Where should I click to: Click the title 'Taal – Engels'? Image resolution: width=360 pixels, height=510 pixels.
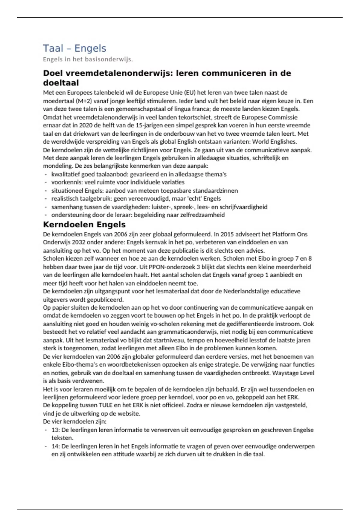(x=74, y=48)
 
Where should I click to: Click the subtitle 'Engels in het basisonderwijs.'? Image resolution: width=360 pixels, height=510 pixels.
(x=88, y=59)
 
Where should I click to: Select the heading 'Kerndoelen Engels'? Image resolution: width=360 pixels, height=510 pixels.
(x=84, y=224)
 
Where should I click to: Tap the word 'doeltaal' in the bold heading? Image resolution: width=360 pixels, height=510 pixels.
(x=61, y=83)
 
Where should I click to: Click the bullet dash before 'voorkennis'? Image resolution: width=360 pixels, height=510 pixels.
(x=46, y=182)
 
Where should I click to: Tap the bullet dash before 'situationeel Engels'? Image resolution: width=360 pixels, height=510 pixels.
(x=46, y=191)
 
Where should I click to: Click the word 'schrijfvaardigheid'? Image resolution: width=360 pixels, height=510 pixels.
(x=243, y=207)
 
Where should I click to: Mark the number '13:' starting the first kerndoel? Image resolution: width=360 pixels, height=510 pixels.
(x=55, y=430)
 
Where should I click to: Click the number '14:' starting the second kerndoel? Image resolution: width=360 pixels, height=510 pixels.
(x=55, y=446)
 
